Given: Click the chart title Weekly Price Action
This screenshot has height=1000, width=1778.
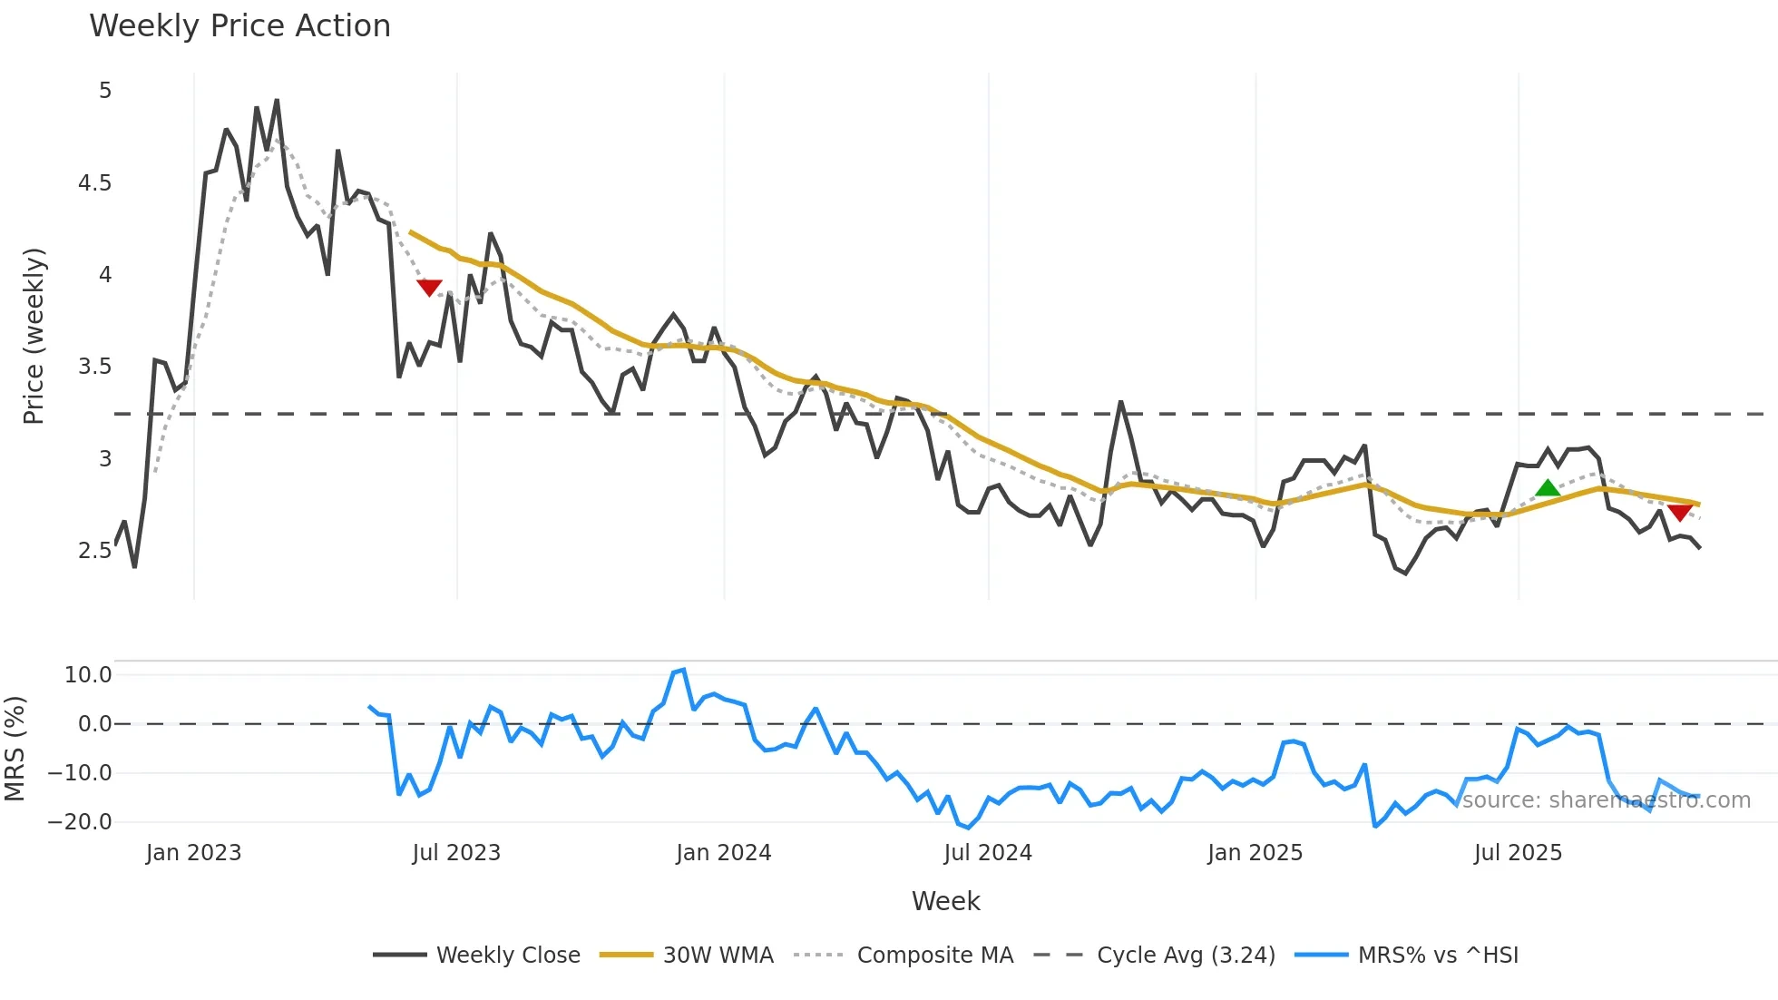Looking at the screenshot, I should tap(239, 26).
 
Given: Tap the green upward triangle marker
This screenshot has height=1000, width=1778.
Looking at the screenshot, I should tap(1548, 488).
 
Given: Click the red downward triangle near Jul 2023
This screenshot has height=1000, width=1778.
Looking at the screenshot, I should tap(429, 288).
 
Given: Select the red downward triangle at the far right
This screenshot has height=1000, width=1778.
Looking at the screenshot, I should tap(1680, 513).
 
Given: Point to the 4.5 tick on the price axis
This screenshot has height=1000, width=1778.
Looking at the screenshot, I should tap(94, 183).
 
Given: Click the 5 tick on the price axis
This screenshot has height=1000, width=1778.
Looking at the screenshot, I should tap(105, 91).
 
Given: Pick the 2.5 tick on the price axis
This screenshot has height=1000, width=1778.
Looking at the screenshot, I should tap(94, 551).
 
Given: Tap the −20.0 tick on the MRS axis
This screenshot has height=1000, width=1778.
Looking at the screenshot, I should tap(80, 822).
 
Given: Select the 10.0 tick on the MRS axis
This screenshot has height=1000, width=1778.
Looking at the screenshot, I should tap(88, 675).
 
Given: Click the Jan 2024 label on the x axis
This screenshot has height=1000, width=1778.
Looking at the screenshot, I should tap(723, 853).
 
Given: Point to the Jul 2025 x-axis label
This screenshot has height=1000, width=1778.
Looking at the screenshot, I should tap(1518, 853).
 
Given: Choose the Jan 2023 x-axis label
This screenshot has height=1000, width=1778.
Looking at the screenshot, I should tap(193, 853).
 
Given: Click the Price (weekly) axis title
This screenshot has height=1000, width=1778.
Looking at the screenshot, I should tap(34, 336).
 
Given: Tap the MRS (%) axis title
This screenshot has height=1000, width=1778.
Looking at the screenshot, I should tap(15, 749).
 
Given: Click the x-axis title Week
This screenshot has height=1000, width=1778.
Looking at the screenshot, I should tap(945, 901).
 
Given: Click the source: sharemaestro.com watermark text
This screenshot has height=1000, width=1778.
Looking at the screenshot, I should tap(1606, 800).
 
